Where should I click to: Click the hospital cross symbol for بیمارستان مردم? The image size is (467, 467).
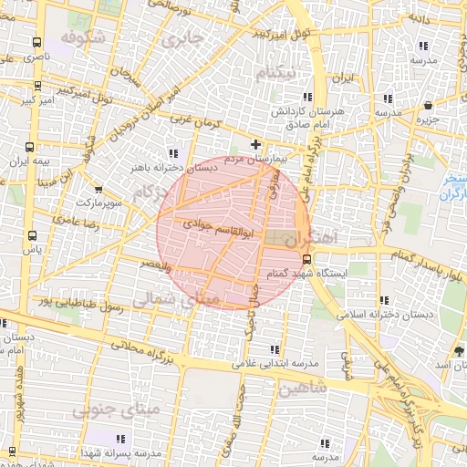pos(256,144)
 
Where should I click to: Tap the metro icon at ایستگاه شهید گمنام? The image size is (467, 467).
pos(306,258)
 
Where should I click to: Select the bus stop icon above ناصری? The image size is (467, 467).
pos(36,42)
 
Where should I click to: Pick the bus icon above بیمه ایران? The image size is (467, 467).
pos(31,146)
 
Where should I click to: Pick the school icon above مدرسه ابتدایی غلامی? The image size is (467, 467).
pos(275,348)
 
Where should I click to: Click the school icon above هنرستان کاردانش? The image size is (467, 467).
pos(308,96)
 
